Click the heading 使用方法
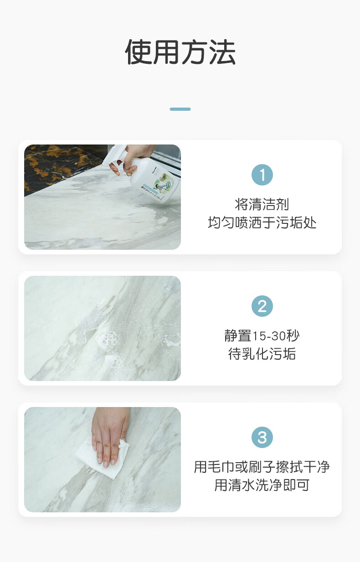tap(180, 52)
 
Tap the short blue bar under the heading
tap(180, 109)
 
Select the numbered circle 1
tap(262, 175)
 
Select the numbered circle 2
tap(262, 306)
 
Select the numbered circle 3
tap(262, 437)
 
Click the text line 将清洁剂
tap(262, 204)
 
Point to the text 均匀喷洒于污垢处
tap(262, 222)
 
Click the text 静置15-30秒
tap(262, 335)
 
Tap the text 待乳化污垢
tap(262, 354)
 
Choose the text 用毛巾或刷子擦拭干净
tap(262, 467)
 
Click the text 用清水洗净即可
tap(262, 485)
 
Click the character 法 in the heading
tap(222, 52)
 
